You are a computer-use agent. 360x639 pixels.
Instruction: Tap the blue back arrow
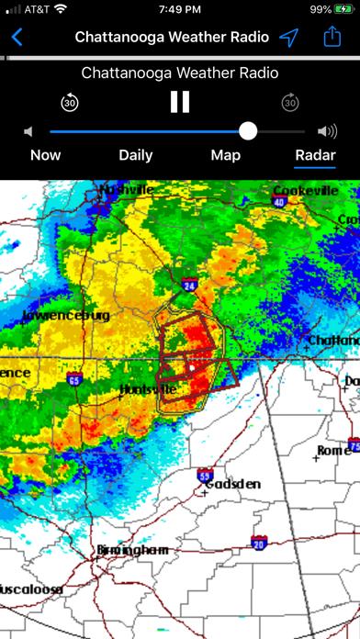pyautogui.click(x=17, y=38)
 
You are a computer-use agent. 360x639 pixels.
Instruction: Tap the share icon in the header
pyautogui.click(x=332, y=38)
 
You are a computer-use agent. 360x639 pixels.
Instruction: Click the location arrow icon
pyautogui.click(x=289, y=38)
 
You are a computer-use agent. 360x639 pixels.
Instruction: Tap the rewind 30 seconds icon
pyautogui.click(x=70, y=102)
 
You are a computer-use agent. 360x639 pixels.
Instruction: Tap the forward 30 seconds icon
pyautogui.click(x=289, y=102)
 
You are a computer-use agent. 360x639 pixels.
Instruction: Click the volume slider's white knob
pyautogui.click(x=248, y=131)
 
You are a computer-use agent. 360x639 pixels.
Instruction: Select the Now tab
pyautogui.click(x=46, y=155)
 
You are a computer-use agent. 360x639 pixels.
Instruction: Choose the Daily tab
pyautogui.click(x=136, y=155)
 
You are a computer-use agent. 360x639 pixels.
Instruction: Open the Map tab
pyautogui.click(x=226, y=155)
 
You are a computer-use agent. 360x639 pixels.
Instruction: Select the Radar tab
pyautogui.click(x=315, y=155)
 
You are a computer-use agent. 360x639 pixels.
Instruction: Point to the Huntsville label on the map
pyautogui.click(x=148, y=390)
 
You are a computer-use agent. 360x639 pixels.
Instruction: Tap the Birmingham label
pyautogui.click(x=133, y=550)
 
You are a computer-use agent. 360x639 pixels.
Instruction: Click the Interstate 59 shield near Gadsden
pyautogui.click(x=205, y=475)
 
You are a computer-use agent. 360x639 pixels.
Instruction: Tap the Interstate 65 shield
pyautogui.click(x=74, y=378)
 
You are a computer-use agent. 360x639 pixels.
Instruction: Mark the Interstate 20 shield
pyautogui.click(x=259, y=543)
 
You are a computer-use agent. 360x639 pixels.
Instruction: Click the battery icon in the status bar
pyautogui.click(x=343, y=9)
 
